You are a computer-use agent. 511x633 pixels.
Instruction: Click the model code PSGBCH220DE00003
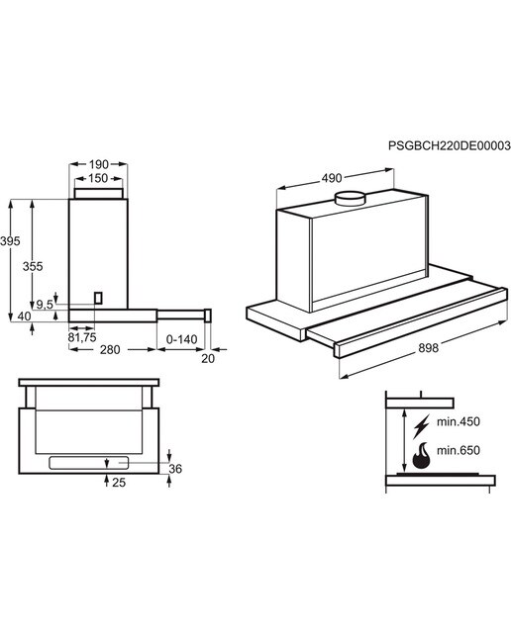point(450,145)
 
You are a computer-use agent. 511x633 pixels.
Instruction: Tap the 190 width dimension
point(99,165)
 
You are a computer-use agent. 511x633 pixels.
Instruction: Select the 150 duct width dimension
point(98,178)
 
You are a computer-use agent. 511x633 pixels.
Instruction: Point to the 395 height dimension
point(10,241)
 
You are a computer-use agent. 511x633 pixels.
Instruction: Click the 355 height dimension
point(33,267)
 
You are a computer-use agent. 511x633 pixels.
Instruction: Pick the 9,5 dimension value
point(45,305)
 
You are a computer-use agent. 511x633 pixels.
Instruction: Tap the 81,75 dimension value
point(82,337)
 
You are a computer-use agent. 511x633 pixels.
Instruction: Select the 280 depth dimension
point(110,349)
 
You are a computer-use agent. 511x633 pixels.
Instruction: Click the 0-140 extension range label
point(182,339)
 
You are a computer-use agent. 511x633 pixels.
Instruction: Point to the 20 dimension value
point(208,358)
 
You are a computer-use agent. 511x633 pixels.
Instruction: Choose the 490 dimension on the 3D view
point(332,178)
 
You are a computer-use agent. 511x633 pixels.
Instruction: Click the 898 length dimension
point(428,348)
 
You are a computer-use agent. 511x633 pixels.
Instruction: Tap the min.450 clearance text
point(459,422)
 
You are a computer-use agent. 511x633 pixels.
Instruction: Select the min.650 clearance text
point(459,450)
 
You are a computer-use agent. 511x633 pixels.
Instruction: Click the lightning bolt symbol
point(421,426)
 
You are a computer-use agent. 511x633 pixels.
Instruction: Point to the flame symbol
point(421,455)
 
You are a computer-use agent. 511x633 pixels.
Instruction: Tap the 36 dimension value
point(175,469)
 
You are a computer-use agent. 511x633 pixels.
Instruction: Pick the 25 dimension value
point(119,483)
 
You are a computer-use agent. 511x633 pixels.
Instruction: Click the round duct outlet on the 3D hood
point(351,199)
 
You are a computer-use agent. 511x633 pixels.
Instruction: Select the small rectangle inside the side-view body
point(98,298)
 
